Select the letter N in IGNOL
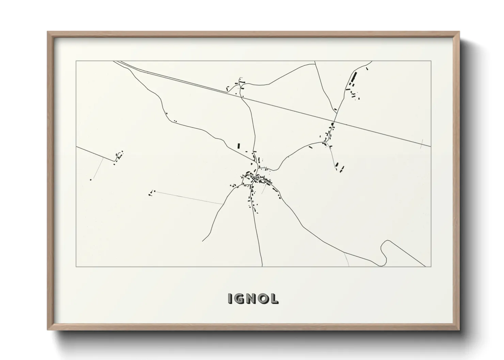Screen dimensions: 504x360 tap(252, 298)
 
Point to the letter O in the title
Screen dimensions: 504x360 tap(264, 298)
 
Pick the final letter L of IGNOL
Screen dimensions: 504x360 tap(274, 298)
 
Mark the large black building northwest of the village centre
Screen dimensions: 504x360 tap(239, 146)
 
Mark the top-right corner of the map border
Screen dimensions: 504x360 tap(431, 61)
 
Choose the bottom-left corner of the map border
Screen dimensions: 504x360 tap(76, 266)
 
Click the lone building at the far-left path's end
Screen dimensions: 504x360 tap(91, 179)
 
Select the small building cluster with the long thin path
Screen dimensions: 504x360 tap(151, 193)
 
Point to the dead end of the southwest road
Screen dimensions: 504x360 tap(202, 241)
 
